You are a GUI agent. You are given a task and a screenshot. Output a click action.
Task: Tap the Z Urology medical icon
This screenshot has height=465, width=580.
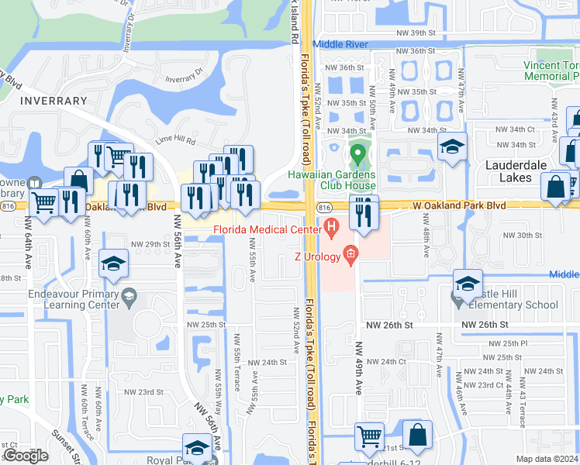pyautogui.click(x=350, y=253)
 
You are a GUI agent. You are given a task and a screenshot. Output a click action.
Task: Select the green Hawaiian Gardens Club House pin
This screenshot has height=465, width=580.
pyautogui.click(x=357, y=153)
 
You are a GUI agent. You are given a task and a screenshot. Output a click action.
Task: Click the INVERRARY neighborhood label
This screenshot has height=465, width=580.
pyautogui.click(x=54, y=101)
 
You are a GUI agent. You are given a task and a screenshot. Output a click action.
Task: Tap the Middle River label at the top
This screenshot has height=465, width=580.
pyautogui.click(x=340, y=45)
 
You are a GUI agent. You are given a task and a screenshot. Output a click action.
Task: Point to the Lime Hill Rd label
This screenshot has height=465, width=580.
pyautogui.click(x=175, y=139)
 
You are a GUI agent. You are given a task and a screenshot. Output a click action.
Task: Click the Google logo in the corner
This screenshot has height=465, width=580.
pyautogui.click(x=26, y=456)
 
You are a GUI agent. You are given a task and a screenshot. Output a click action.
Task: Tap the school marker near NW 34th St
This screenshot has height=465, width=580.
pyautogui.click(x=451, y=147)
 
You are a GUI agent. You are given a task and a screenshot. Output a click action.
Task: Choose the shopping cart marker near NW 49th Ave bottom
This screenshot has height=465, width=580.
pyautogui.click(x=370, y=437)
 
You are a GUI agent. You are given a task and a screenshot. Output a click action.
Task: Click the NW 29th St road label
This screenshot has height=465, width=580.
pyautogui.click(x=150, y=244)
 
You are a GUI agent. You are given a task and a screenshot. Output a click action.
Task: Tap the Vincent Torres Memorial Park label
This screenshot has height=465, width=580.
pyautogui.click(x=551, y=71)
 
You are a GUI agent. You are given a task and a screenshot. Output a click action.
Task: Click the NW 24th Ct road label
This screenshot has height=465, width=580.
pyautogui.click(x=386, y=362)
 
